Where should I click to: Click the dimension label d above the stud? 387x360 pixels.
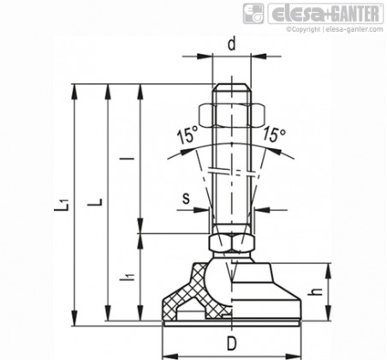232,45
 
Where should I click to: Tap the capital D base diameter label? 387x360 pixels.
232,344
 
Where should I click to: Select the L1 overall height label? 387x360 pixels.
62,205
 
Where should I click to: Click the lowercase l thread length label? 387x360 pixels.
130,158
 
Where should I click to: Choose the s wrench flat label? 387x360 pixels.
186,198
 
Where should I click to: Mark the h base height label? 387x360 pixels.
316,291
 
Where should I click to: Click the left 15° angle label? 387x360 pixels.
188,135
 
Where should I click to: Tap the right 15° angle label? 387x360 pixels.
274,135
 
